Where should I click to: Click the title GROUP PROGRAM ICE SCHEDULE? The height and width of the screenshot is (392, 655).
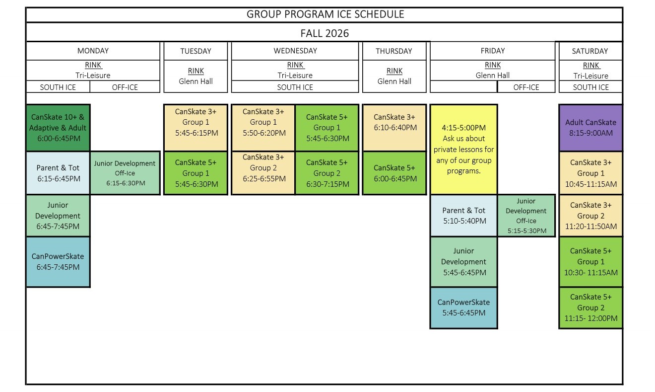(325, 14)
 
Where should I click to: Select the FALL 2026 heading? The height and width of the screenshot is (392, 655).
(325, 33)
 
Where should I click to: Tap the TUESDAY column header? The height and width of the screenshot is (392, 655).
(196, 51)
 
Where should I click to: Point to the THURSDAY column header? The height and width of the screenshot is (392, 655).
(394, 51)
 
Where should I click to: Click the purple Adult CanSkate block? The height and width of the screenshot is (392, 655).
(590, 128)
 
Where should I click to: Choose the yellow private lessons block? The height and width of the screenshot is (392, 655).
(464, 150)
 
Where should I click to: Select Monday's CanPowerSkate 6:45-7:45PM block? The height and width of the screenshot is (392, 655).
(58, 262)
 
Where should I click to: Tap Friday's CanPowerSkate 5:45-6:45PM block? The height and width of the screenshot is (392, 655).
(464, 308)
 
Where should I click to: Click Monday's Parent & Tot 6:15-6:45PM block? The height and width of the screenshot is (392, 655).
(58, 173)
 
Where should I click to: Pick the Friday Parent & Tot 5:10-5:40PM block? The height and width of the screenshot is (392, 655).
(464, 216)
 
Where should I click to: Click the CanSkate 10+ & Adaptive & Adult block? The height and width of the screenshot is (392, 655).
(58, 128)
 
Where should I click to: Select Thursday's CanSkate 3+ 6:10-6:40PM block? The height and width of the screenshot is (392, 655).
(394, 128)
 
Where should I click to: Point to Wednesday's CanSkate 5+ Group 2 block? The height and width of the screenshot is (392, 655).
(327, 173)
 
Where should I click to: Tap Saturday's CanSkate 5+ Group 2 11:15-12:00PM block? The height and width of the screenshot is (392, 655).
(590, 308)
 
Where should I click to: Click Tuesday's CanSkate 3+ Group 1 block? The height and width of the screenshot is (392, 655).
(196, 128)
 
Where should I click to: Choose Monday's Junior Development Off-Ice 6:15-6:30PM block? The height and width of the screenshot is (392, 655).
(125, 173)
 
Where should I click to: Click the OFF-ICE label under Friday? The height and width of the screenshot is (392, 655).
(526, 87)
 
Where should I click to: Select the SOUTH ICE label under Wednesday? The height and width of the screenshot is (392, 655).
(295, 87)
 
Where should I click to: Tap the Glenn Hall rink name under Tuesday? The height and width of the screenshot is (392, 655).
(196, 81)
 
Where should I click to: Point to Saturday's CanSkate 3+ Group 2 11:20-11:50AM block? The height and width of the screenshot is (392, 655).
(590, 216)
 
